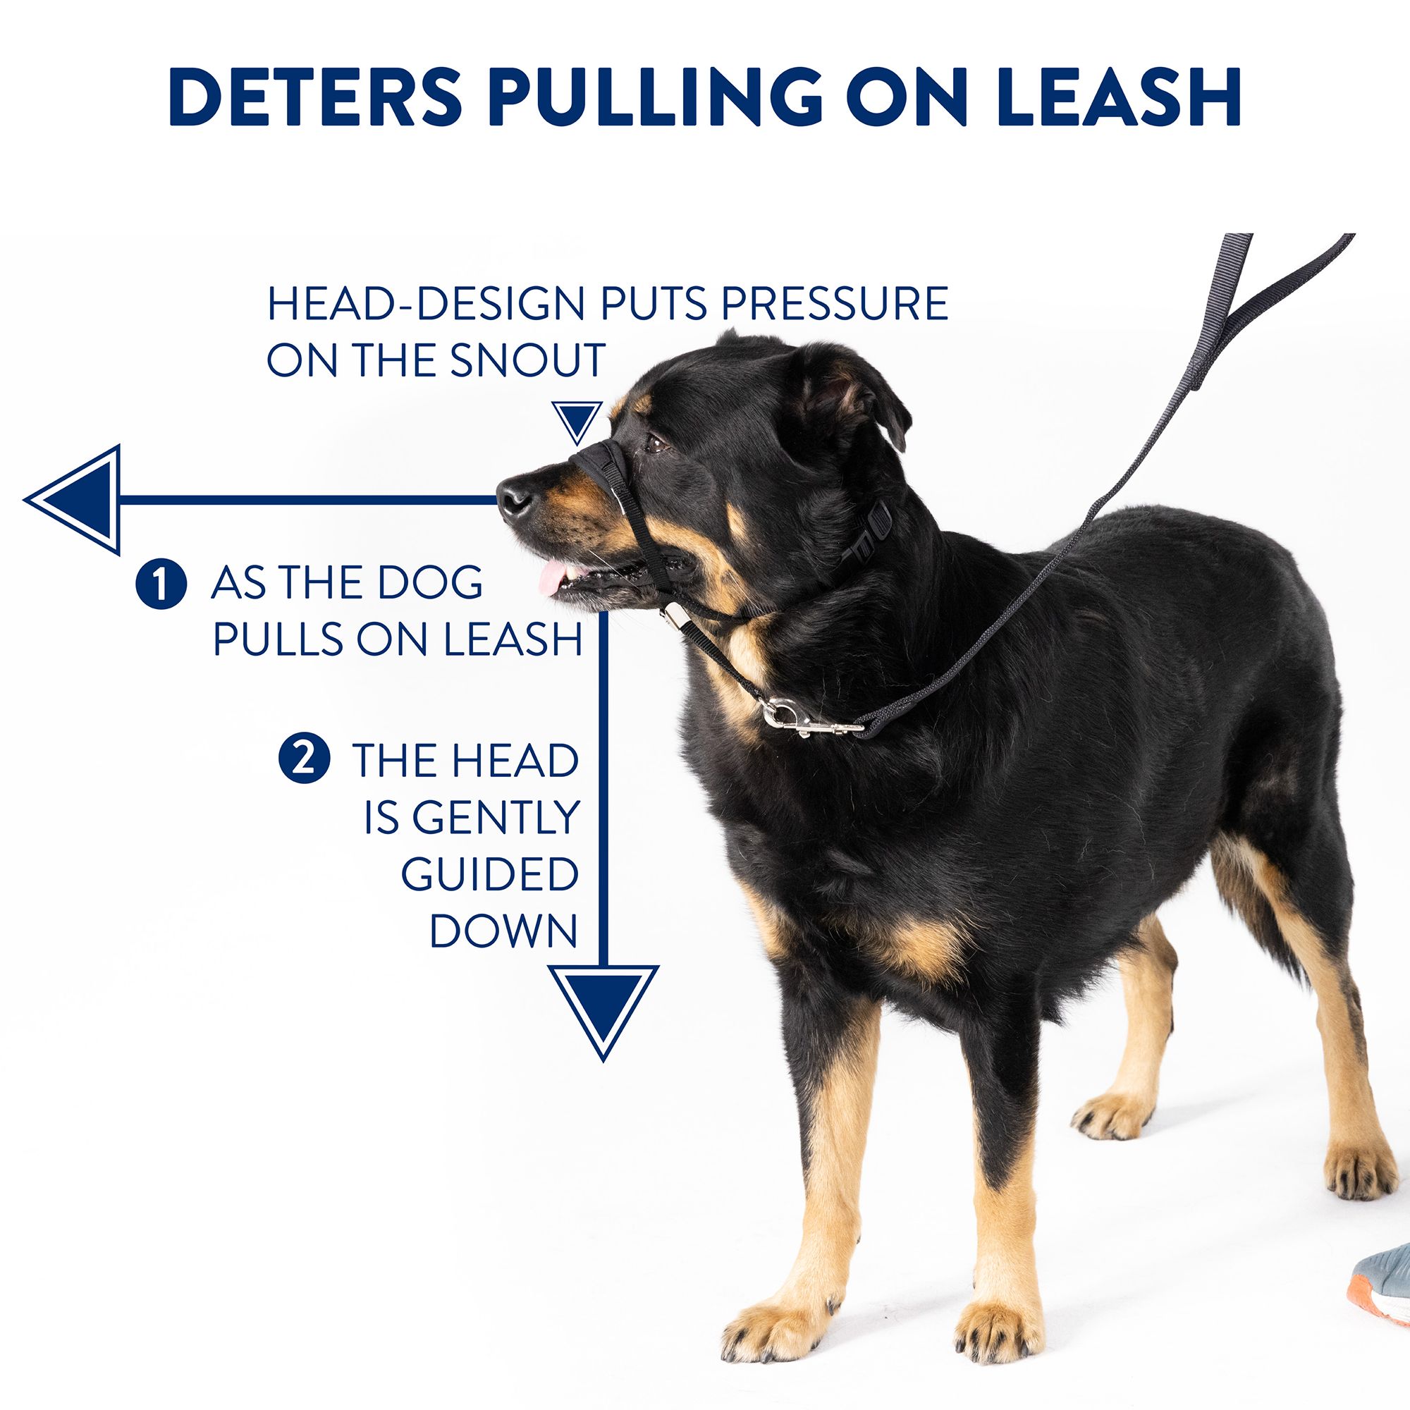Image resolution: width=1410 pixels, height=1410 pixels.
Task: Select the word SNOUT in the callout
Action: pyautogui.click(x=527, y=359)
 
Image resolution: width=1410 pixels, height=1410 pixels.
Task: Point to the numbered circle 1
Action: pyautogui.click(x=161, y=584)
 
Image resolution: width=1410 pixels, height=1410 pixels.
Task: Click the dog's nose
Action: pyautogui.click(x=514, y=497)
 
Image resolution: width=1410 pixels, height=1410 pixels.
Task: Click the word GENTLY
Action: pyautogui.click(x=471, y=817)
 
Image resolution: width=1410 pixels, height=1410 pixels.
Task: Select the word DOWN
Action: pyautogui.click(x=503, y=931)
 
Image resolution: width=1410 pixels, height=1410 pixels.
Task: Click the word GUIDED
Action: pyautogui.click(x=490, y=873)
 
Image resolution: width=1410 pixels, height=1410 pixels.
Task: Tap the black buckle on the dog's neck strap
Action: pyautogui.click(x=872, y=537)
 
